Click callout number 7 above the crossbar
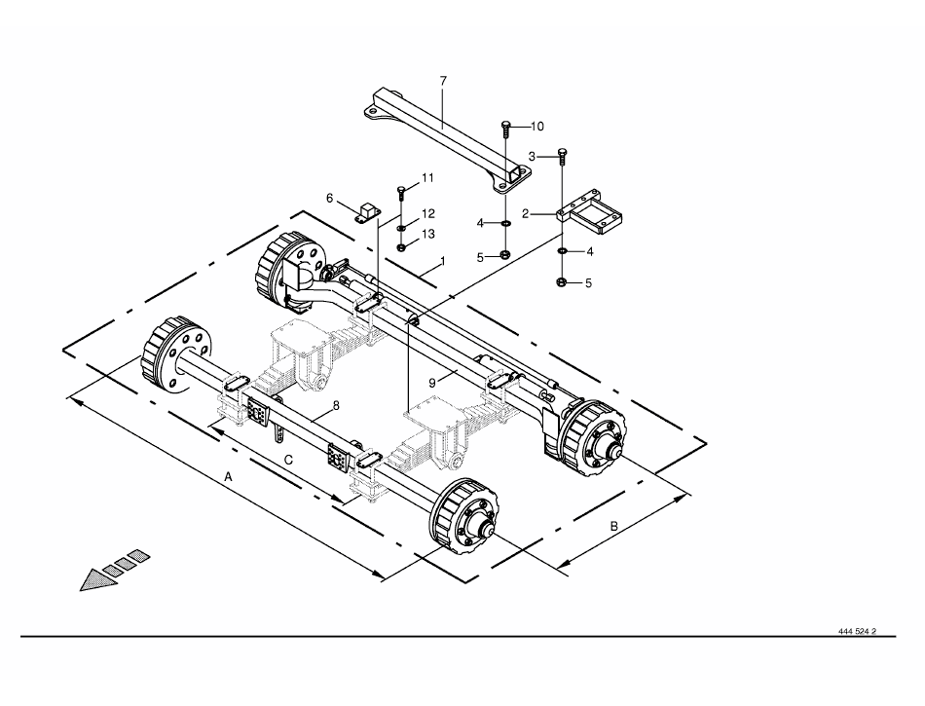coord(444,80)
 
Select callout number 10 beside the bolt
coord(536,127)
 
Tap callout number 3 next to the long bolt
coord(532,157)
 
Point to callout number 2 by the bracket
coord(526,214)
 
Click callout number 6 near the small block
coord(330,198)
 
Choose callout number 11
coord(427,177)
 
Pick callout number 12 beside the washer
coord(428,213)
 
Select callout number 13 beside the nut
coord(428,234)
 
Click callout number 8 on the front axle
coord(336,406)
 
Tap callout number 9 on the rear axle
coord(432,383)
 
